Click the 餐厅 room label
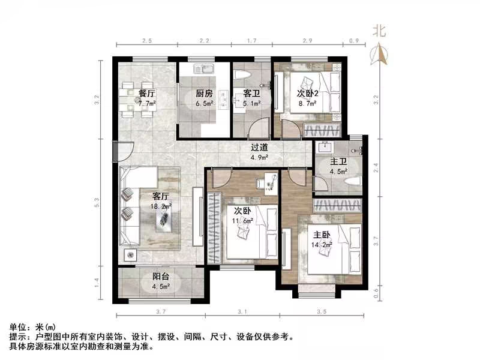(147, 94)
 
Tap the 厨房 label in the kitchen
(205, 94)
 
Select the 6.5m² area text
(205, 103)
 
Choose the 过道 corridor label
(259, 147)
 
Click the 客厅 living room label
(161, 196)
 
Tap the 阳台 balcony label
(160, 277)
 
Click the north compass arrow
(379, 55)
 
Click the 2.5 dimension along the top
(146, 41)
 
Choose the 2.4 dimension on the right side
(377, 169)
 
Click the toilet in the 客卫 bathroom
(243, 75)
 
